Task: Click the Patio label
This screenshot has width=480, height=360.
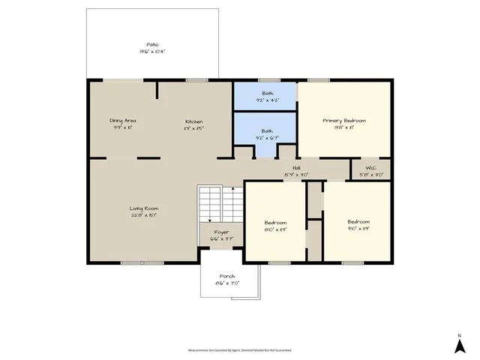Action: [152, 45]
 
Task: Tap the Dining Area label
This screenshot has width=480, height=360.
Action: [122, 121]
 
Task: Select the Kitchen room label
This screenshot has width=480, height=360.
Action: [194, 121]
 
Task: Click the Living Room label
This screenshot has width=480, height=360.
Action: [143, 208]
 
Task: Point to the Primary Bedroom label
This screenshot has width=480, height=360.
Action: [344, 121]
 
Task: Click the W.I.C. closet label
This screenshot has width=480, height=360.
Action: [370, 168]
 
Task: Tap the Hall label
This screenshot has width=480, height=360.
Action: [296, 168]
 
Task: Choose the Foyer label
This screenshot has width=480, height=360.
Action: [220, 232]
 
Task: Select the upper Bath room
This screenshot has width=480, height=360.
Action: [265, 96]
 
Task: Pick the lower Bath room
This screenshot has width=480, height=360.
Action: [265, 133]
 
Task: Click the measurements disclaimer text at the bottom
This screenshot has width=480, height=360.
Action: [240, 349]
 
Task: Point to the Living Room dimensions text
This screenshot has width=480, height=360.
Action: [143, 215]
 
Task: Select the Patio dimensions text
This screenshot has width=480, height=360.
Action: [152, 52]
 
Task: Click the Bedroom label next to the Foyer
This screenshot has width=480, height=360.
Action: [276, 222]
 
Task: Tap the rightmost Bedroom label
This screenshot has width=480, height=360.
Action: [358, 222]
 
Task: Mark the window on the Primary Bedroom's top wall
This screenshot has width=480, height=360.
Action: [318, 80]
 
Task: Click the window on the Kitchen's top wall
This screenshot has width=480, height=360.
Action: [196, 80]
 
